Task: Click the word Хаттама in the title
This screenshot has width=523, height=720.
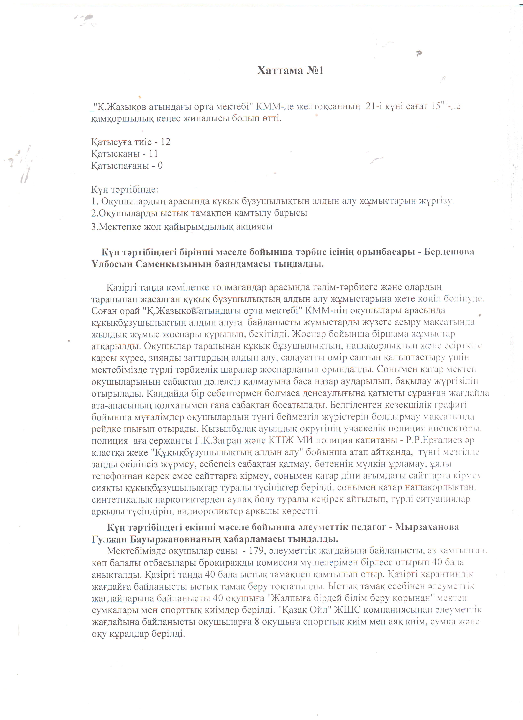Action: point(279,70)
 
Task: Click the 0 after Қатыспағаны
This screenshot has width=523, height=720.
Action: point(160,166)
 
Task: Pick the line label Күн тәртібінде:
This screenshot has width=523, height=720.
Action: point(125,190)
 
